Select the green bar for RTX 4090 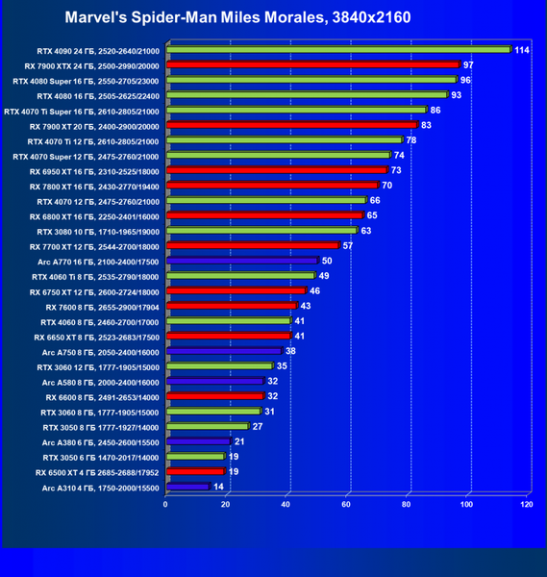point(338,49)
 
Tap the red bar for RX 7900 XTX point(313,64)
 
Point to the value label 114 point(522,50)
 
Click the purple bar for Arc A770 point(242,261)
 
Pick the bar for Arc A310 point(188,487)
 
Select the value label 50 point(327,261)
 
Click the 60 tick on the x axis point(346,504)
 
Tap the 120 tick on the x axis point(527,504)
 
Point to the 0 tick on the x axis point(165,504)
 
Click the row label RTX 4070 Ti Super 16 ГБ point(82,112)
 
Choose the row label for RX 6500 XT point(97,473)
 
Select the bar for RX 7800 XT point(273,185)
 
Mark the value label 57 point(348,246)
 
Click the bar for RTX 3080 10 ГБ point(261,231)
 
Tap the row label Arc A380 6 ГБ point(100,442)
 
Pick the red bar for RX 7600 point(232,306)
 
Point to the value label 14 point(218,487)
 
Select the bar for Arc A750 point(224,351)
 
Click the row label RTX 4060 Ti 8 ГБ point(95,277)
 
